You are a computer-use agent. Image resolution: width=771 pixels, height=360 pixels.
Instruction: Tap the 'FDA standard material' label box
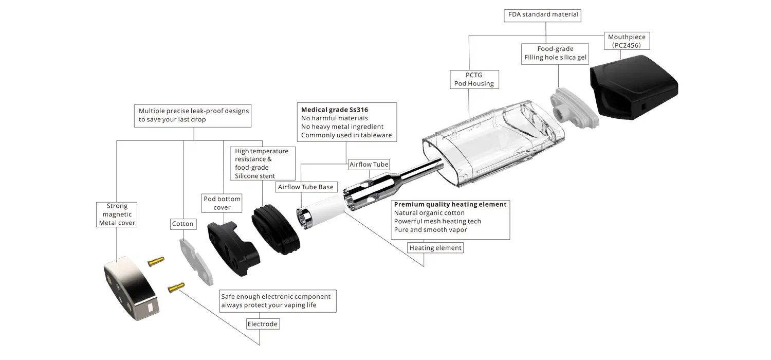coord(543,14)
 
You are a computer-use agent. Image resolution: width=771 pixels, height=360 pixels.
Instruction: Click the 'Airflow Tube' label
coord(369,165)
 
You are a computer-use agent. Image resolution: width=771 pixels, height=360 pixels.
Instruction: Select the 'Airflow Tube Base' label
coord(305,187)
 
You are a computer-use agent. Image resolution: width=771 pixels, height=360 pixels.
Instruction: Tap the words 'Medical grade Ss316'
coord(335,110)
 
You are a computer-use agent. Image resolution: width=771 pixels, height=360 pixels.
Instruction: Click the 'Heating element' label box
coord(435,248)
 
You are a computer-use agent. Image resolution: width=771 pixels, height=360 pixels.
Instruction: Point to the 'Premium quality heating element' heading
coord(450,204)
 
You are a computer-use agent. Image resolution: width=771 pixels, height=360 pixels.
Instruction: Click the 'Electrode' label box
coord(263,324)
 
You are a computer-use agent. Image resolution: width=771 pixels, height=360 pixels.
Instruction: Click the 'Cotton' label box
coord(183,224)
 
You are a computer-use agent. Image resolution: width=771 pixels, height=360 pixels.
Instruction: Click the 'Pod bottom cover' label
coord(222,203)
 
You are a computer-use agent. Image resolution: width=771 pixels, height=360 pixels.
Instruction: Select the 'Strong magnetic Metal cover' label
coord(117,214)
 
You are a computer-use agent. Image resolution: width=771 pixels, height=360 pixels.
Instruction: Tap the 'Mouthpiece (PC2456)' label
coord(627,41)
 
